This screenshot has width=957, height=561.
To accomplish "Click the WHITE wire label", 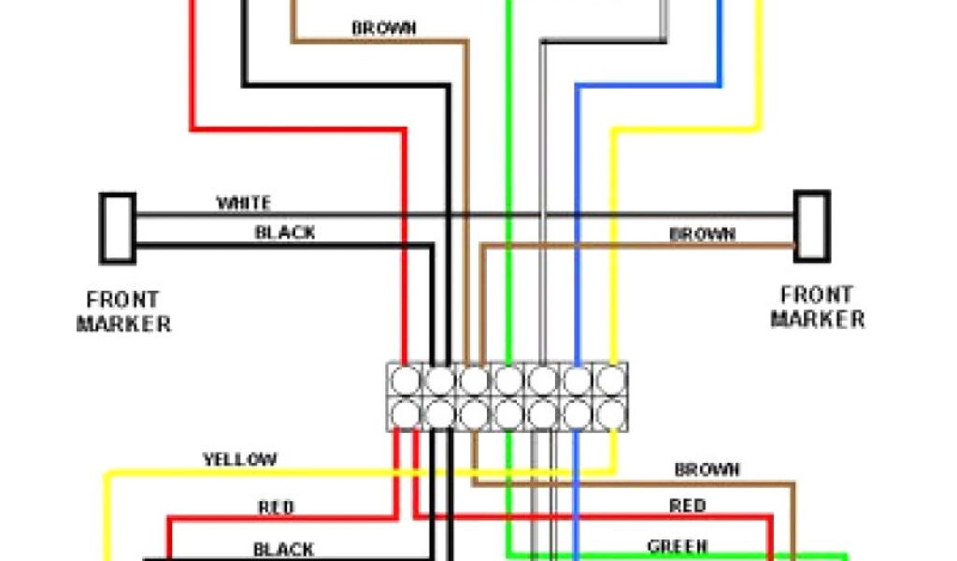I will click(x=243, y=203).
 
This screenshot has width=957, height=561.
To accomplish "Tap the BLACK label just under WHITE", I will click(x=285, y=233).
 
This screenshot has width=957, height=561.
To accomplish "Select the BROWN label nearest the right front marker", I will click(x=702, y=234).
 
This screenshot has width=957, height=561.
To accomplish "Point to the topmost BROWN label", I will click(x=383, y=28).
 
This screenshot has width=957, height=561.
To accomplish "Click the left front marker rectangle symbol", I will click(x=118, y=227).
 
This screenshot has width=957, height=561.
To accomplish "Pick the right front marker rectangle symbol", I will click(x=811, y=225).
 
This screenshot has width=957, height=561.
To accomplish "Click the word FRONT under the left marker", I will click(x=122, y=301).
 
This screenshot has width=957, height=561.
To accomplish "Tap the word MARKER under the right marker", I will click(x=818, y=320).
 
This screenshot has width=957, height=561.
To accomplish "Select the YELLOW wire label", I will click(x=239, y=460).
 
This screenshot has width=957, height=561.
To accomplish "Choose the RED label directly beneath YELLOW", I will click(x=276, y=508).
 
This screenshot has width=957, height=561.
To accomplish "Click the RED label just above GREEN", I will click(x=687, y=506).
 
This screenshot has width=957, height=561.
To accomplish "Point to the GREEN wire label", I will click(x=678, y=546).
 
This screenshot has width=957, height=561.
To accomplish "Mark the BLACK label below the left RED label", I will click(x=283, y=549).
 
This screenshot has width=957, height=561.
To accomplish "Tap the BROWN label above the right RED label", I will click(x=707, y=469).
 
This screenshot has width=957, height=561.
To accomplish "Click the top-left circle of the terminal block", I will click(x=405, y=380).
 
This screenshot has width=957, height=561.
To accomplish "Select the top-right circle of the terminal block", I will click(x=610, y=380).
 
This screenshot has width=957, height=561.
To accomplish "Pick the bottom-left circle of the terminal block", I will click(x=405, y=412).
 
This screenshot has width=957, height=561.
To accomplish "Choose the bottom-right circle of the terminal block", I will click(x=610, y=412).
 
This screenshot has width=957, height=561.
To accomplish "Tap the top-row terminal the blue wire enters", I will click(x=577, y=380).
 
